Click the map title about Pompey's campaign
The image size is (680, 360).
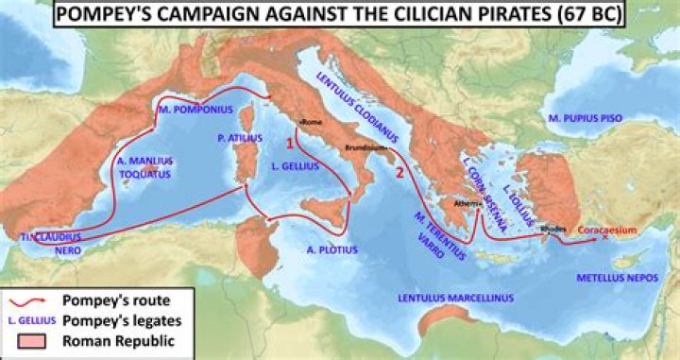[x=339, y=16]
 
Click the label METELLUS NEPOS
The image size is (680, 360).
[x=619, y=280]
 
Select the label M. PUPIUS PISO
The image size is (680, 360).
[x=593, y=118]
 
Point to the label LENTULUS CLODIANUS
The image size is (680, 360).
[x=360, y=97]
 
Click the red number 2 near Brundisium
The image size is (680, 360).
[x=400, y=172]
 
